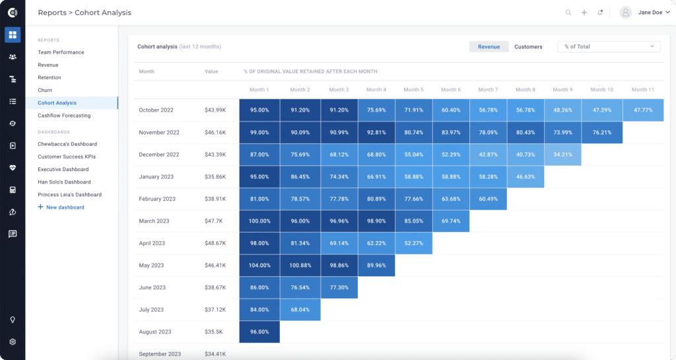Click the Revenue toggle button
click(489, 47)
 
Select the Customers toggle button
click(528, 47)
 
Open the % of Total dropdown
click(608, 47)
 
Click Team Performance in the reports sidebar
click(61, 52)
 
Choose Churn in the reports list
click(45, 90)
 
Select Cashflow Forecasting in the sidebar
click(64, 116)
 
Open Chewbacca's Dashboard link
click(67, 144)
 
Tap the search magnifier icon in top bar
click(568, 13)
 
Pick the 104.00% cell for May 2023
click(259, 266)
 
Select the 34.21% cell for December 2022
click(562, 155)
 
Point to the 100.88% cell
click(300, 266)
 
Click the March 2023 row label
click(154, 221)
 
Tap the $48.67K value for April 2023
click(215, 243)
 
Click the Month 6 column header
click(450, 90)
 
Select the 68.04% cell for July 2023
click(300, 310)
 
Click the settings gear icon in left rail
click(13, 342)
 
